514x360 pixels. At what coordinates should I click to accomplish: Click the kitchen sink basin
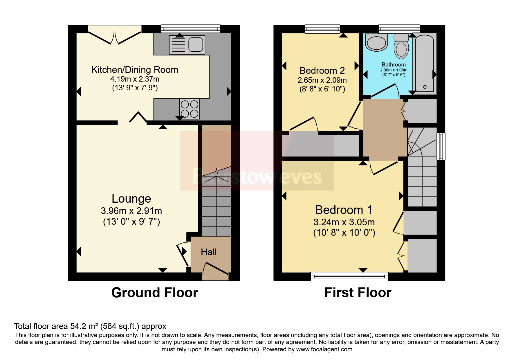196,44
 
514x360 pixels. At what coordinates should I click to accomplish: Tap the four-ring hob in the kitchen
190,109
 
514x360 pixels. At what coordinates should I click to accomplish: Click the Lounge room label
131,199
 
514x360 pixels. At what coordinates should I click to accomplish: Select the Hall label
209,252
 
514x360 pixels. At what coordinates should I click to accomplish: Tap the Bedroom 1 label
344,210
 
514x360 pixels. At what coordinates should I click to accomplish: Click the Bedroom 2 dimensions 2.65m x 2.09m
322,80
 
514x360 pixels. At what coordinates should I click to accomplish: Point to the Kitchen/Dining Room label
135,70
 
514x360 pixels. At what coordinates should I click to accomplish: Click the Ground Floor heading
155,293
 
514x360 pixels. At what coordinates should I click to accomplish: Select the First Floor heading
358,293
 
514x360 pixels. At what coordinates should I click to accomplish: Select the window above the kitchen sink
191,29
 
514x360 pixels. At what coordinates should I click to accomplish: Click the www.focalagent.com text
324,349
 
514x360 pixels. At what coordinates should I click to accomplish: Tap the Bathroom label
394,64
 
